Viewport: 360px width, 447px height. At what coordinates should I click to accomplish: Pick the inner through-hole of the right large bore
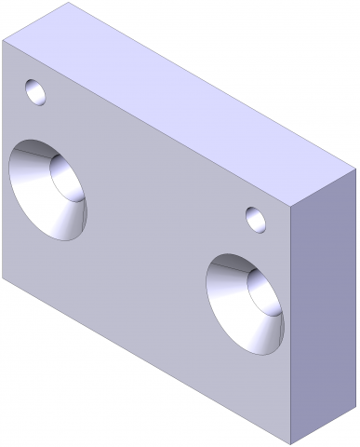tap(264, 293)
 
